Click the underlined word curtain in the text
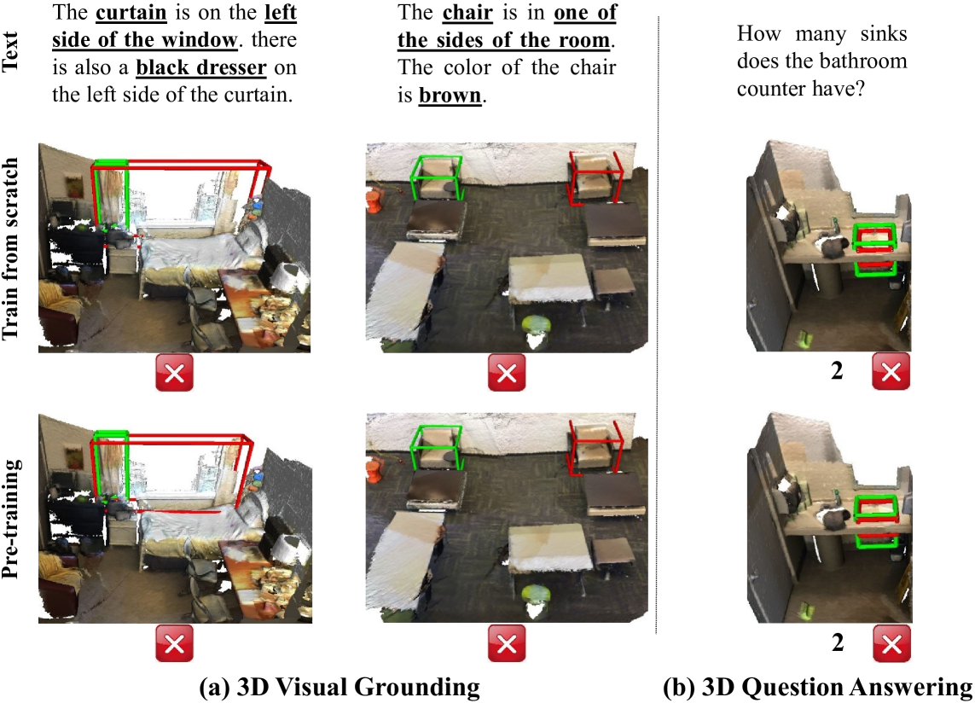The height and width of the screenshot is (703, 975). pos(131,13)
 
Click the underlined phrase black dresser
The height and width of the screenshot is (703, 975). pos(200,67)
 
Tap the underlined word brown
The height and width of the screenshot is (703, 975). pos(450,96)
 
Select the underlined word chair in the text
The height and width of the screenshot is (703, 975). pos(467,13)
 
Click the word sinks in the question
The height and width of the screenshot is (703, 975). pos(884,33)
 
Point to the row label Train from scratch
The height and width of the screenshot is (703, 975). pos(10,249)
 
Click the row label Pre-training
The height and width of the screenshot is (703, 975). pos(10,519)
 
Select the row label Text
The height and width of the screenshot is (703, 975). pos(10,52)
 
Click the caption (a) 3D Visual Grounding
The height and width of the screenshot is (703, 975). pos(340,687)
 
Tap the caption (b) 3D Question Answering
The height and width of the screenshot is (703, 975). pos(818,687)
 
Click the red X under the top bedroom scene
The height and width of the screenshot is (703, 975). pos(174,374)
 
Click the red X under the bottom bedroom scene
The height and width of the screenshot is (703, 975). pos(174,643)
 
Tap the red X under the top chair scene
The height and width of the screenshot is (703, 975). pos(507,373)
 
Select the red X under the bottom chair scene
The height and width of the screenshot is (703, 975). pos(507,643)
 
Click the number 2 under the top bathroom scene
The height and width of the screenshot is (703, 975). pos(837,371)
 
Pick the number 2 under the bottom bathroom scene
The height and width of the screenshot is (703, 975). pos(838,642)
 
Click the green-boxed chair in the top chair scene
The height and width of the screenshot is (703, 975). pos(438,177)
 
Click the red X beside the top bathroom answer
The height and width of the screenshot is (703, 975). pos(891,371)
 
